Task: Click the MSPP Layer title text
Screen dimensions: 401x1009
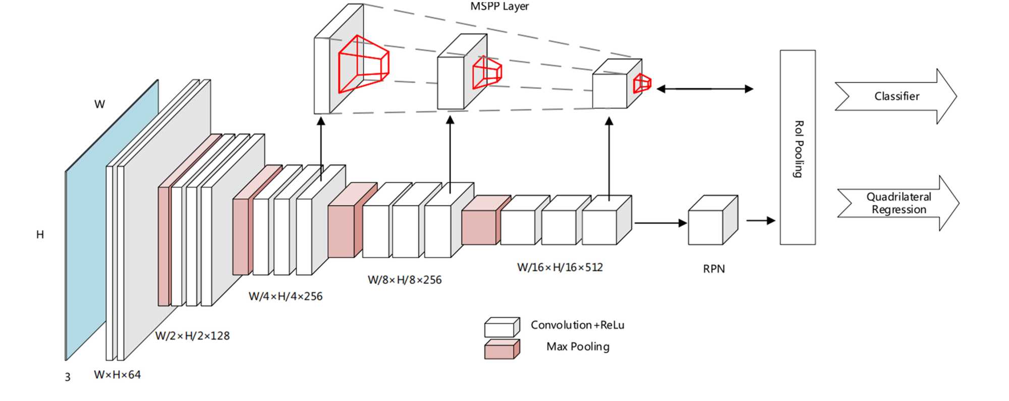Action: [x=499, y=7]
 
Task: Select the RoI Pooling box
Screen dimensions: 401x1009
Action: [x=798, y=147]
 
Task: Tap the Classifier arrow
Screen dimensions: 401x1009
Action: [x=896, y=96]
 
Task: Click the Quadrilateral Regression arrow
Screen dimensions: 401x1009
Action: [x=899, y=203]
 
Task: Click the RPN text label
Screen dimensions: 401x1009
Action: [x=714, y=269]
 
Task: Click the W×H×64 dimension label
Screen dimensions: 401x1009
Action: [x=117, y=375]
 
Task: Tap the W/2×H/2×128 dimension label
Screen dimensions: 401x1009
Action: [x=192, y=336]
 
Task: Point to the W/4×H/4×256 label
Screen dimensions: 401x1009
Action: [x=286, y=297]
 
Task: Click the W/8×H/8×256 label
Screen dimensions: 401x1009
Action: [x=405, y=280]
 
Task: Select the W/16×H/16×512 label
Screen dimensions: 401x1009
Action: [x=560, y=267]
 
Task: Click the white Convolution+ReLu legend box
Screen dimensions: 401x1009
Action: [x=502, y=327]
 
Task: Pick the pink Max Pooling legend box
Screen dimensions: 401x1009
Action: [x=502, y=349]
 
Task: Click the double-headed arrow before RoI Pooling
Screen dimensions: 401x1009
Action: [x=705, y=89]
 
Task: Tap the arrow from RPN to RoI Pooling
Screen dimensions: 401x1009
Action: [x=760, y=220]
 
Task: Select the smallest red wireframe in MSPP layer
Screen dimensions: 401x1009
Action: [x=642, y=83]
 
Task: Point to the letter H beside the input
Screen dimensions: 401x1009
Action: [x=40, y=235]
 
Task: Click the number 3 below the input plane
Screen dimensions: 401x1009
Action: [x=68, y=377]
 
